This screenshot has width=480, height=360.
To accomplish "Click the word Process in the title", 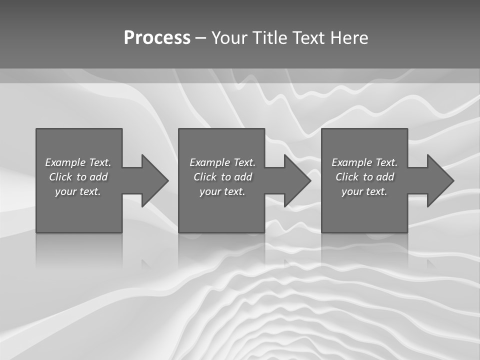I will (x=157, y=38).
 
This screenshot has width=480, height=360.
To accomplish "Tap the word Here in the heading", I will (x=348, y=38).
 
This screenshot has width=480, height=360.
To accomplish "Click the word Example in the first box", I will (x=65, y=162).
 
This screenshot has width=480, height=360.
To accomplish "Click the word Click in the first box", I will (x=60, y=177).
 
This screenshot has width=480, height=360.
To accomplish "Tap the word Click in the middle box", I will (x=205, y=177).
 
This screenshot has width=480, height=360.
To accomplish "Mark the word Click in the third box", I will (x=347, y=177).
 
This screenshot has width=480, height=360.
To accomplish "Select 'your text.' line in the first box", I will (x=78, y=191).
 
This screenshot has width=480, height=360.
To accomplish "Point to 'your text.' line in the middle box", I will (x=222, y=191).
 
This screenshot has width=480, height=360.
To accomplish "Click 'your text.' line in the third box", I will (x=364, y=191).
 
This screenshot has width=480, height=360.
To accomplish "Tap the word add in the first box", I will (x=98, y=177).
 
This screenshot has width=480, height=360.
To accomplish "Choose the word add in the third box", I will (x=385, y=177).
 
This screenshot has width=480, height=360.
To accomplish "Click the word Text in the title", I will (x=308, y=38).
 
